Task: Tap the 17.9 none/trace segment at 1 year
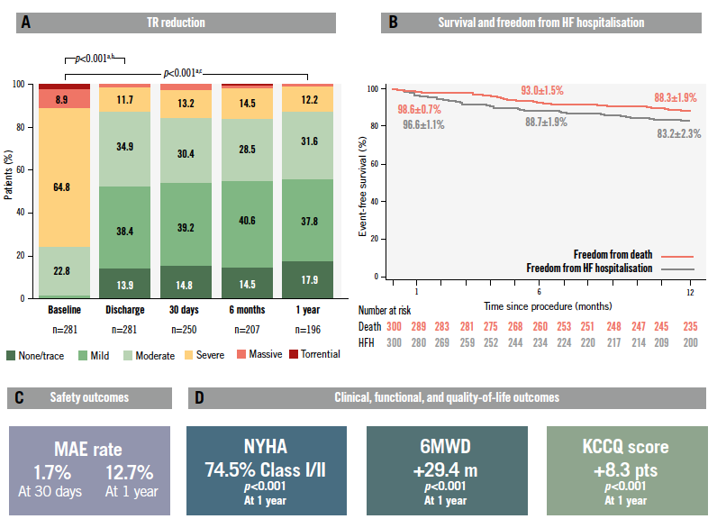[307, 278]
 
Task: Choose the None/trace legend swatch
[14, 354]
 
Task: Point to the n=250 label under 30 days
[186, 331]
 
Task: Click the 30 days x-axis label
[186, 310]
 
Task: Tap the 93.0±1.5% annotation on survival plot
[542, 91]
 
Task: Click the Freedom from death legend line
[673, 255]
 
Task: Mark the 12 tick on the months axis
[690, 293]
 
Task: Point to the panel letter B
[393, 23]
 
